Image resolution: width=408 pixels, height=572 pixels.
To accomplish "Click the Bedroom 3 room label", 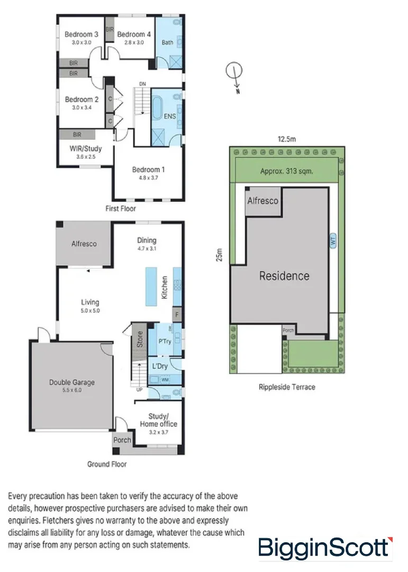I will [78, 34].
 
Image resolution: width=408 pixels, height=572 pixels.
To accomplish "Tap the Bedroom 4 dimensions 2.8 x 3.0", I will [134, 42].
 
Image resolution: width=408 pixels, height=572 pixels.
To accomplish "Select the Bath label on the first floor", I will [167, 42].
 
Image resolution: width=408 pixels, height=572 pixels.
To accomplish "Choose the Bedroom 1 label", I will [148, 169].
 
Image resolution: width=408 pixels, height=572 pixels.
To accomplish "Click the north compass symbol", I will [234, 71].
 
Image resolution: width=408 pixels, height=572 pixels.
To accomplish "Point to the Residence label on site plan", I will [284, 276].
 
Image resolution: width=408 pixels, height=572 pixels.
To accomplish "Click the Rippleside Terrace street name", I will [286, 387].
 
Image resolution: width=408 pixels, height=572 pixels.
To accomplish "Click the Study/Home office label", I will [158, 420].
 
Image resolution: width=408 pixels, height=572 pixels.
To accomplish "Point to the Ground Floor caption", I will [107, 464].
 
